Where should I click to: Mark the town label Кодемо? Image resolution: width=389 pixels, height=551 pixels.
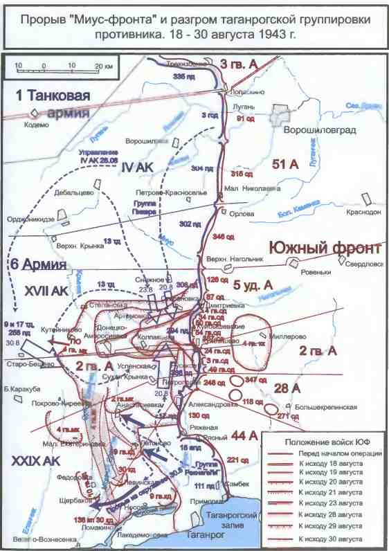coord(36,125)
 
